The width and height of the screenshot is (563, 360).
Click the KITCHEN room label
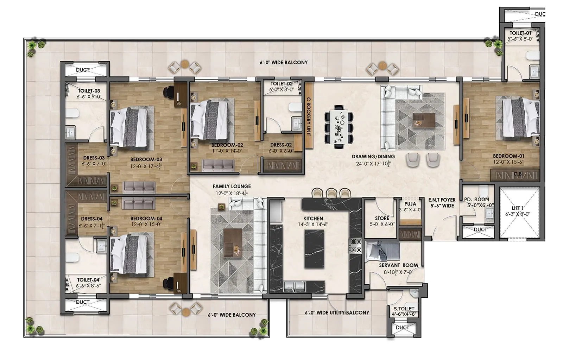tap(313, 219)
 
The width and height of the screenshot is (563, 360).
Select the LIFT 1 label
tap(518, 208)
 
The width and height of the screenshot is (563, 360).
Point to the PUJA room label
tap(410, 204)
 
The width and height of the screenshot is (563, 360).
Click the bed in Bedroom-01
tap(520, 118)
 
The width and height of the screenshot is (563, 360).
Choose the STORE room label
tap(382, 218)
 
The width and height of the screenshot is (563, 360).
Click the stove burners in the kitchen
tap(355, 245)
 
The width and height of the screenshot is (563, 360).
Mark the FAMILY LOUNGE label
tap(232, 187)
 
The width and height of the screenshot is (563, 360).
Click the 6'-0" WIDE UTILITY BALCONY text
tap(337, 312)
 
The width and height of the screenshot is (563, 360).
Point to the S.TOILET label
tap(404, 309)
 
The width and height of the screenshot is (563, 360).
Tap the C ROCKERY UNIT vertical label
tap(309, 116)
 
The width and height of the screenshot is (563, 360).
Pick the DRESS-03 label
tap(94, 158)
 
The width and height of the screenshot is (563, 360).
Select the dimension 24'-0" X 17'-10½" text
tap(373, 164)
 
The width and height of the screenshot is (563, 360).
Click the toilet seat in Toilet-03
tap(72, 113)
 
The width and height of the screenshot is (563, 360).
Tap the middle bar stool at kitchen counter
tap(331, 193)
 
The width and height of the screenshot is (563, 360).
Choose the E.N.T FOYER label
tap(442, 200)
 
